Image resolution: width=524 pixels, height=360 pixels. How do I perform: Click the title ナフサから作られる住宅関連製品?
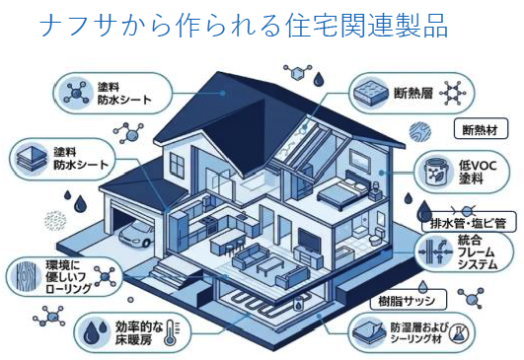coord(244,25)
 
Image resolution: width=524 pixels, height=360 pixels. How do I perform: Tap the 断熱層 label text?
coord(413,93)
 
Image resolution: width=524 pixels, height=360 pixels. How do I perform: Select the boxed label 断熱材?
coord(481,129)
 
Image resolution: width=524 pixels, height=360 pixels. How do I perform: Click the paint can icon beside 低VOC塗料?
coord(435,172)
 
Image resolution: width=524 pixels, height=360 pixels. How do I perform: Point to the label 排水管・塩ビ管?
coord(468,223)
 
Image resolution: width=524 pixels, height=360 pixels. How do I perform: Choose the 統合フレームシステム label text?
coord(478,252)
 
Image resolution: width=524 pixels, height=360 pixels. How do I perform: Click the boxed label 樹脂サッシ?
coord(408,301)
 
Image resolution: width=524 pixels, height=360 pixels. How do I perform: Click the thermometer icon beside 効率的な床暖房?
coord(171,333)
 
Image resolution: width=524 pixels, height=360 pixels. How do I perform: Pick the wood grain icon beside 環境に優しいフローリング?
coord(26,277)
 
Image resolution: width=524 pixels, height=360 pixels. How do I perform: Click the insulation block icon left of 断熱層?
coord(368,92)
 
